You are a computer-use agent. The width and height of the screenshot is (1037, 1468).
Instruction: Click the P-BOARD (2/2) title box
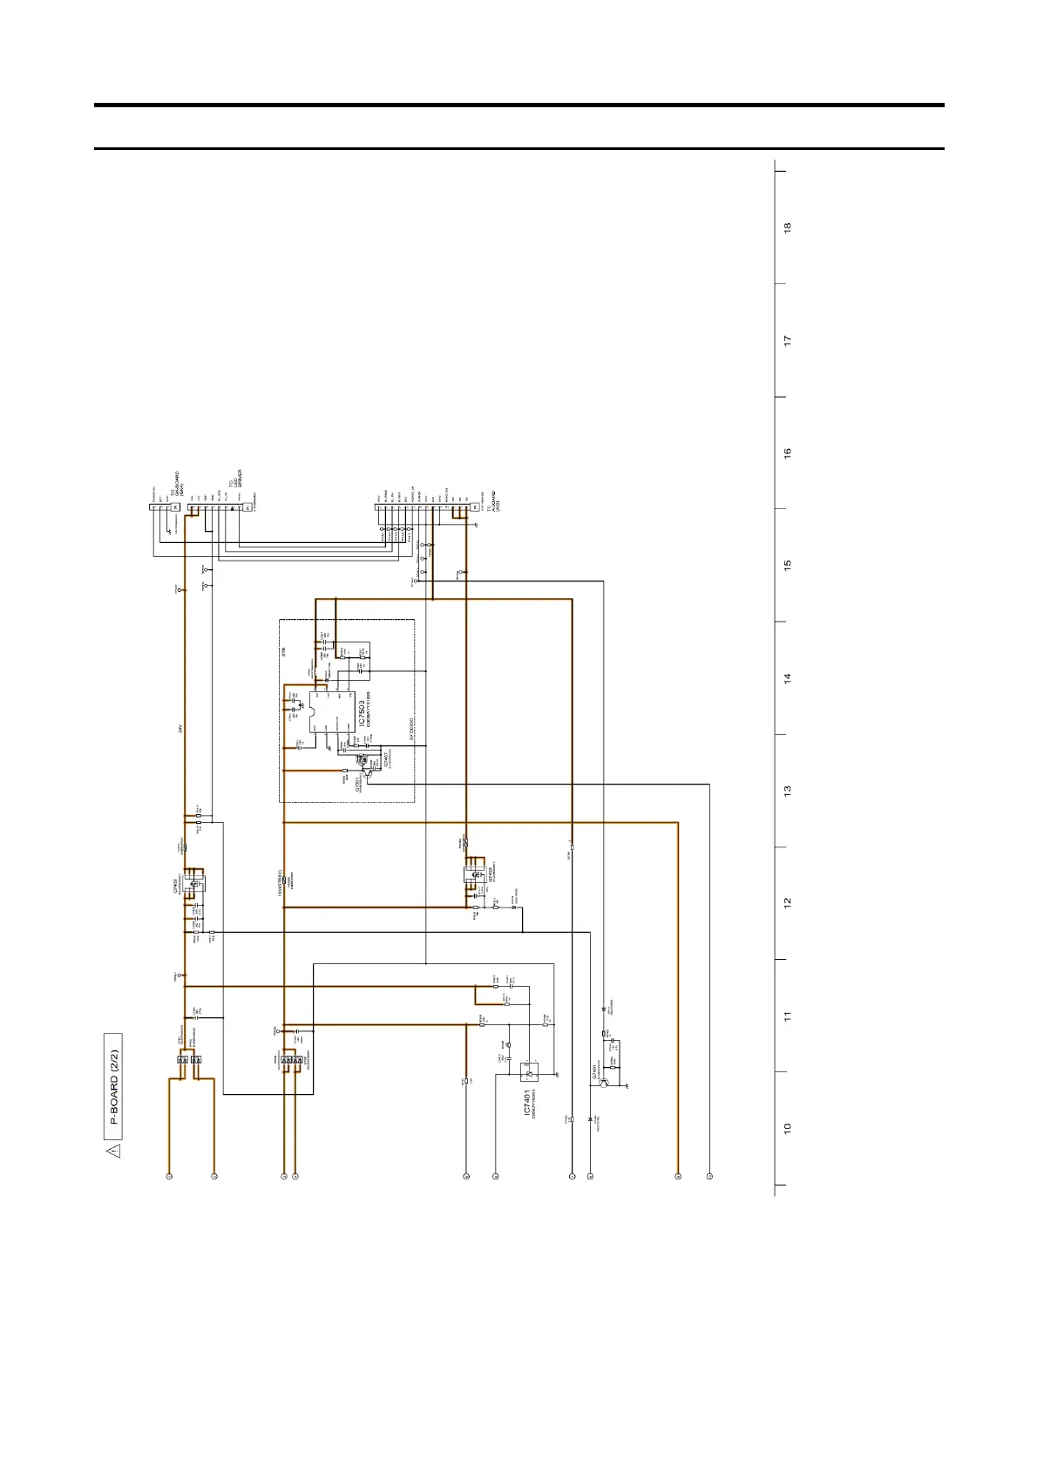point(113,1086)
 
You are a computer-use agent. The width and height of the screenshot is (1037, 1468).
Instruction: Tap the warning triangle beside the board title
point(113,1151)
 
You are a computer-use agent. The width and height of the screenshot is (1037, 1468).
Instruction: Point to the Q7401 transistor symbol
point(604,1084)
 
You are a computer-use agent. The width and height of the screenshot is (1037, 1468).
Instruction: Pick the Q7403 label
point(491,874)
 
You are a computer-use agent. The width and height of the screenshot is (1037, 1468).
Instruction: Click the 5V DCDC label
point(410,729)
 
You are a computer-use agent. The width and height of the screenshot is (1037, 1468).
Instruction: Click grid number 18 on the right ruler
point(788,228)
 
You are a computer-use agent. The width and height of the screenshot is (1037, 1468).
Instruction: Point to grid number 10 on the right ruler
point(788,1128)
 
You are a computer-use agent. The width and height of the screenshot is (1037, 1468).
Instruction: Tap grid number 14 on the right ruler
point(788,677)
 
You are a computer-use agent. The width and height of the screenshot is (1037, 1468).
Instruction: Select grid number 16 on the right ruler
point(788,453)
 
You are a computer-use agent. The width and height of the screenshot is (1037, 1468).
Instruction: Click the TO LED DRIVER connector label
point(236,479)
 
